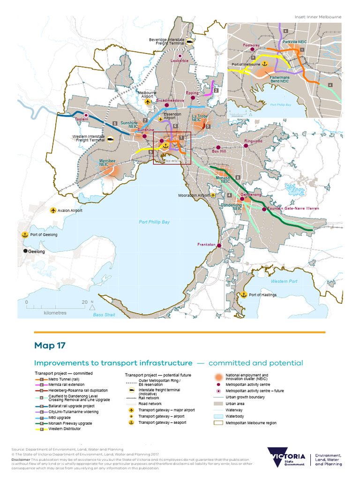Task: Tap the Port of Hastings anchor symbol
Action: [x=244, y=295]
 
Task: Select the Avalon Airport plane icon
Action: [x=53, y=210]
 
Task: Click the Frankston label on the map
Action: [x=206, y=245]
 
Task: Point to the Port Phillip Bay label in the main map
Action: [x=154, y=222]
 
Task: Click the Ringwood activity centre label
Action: [x=253, y=141]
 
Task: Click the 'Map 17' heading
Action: [x=50, y=345]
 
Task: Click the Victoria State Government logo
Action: [x=286, y=457]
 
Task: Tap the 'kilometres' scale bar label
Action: [x=55, y=313]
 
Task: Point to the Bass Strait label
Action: [x=104, y=315]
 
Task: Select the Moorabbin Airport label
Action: [x=193, y=195]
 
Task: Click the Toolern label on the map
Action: [x=82, y=120]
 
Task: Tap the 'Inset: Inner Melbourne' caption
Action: [x=318, y=17]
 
